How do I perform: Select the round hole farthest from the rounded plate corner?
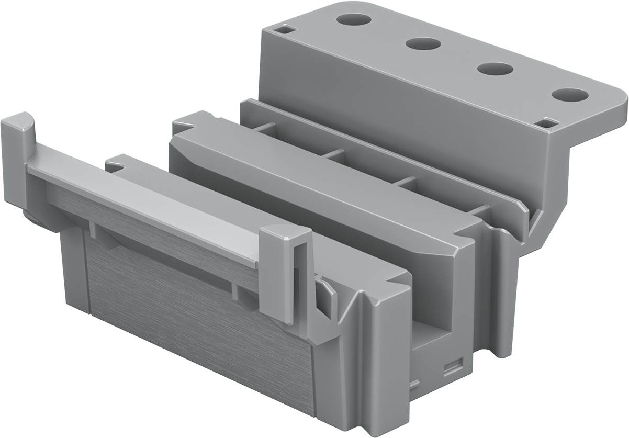pyautogui.click(x=354, y=19)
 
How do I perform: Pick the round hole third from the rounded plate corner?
pyautogui.click(x=423, y=43)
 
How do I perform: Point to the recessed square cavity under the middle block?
pyautogui.click(x=434, y=335)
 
